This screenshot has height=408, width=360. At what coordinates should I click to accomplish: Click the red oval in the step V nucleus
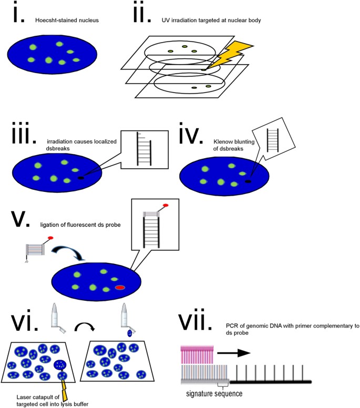click(x=120, y=288)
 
